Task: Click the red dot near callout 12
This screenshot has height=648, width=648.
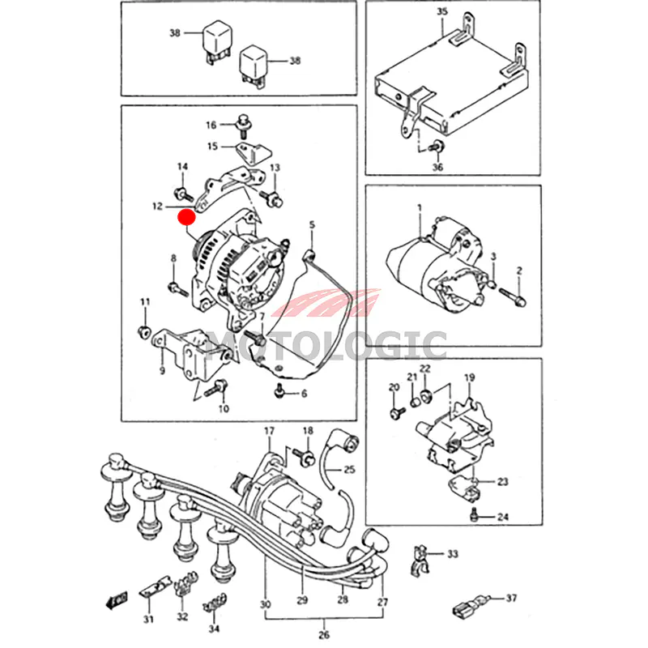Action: pyautogui.click(x=187, y=217)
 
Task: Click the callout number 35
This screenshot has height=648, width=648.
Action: pyautogui.click(x=441, y=11)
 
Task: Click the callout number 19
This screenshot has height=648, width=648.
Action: pyautogui.click(x=469, y=378)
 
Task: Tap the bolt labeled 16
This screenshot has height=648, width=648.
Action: pyautogui.click(x=241, y=124)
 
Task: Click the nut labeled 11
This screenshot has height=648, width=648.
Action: pyautogui.click(x=144, y=330)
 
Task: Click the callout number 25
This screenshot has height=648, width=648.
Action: pyautogui.click(x=349, y=469)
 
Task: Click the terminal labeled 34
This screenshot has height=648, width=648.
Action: pyautogui.click(x=215, y=603)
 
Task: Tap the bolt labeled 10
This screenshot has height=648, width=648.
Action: pyautogui.click(x=213, y=391)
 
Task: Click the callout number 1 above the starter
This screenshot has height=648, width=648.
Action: pyautogui.click(x=420, y=208)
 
